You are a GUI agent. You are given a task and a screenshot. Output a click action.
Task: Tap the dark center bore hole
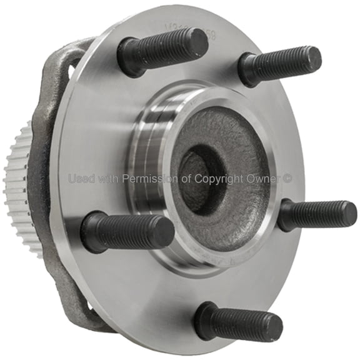pyautogui.click(x=199, y=176)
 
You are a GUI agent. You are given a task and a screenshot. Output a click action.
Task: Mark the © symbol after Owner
pyautogui.click(x=287, y=179)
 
